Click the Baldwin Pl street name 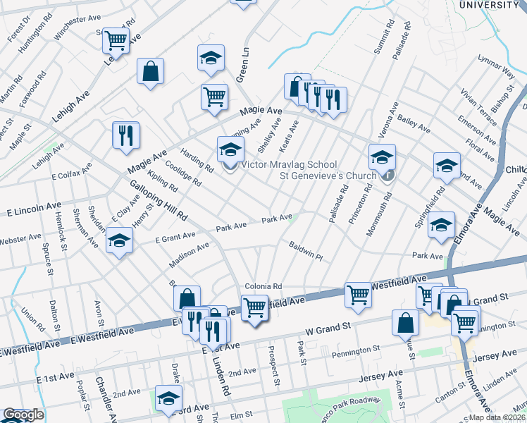pyautogui.click(x=305, y=252)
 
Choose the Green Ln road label pyautogui.click(x=243, y=65)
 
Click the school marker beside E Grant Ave pyautogui.click(x=120, y=240)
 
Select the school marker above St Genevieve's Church pyautogui.click(x=382, y=156)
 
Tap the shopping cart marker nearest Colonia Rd pyautogui.click(x=254, y=307)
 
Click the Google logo pyautogui.click(x=24, y=415)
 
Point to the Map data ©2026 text pyautogui.click(x=497, y=417)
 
